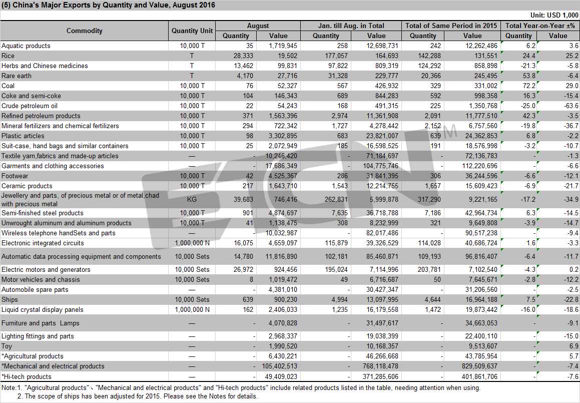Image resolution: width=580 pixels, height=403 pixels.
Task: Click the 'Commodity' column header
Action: (x=85, y=31)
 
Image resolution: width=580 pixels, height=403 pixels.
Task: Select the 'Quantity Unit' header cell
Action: (x=192, y=31)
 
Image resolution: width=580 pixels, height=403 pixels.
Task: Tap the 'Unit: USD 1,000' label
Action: (x=554, y=15)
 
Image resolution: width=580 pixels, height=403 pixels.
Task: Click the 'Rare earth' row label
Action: (x=17, y=76)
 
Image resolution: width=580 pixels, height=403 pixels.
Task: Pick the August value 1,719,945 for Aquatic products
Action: (x=283, y=46)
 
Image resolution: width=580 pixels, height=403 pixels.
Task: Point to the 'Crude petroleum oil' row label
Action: (x=30, y=106)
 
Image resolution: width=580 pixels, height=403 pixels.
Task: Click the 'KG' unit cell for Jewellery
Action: (x=192, y=199)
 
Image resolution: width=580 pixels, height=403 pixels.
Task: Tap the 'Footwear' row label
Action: (x=15, y=176)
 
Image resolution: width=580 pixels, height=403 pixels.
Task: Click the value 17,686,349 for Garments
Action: (x=281, y=166)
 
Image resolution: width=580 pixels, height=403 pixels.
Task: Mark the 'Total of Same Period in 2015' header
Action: (x=451, y=26)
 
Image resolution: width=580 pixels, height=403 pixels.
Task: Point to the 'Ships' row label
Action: (x=10, y=300)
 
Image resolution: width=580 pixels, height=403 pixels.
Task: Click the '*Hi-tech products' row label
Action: (x=26, y=377)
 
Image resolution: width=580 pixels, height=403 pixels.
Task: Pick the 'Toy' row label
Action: (x=7, y=346)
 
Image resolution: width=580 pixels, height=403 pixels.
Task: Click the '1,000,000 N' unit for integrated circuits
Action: (x=192, y=243)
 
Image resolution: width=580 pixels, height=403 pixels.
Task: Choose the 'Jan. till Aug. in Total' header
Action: (x=351, y=26)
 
